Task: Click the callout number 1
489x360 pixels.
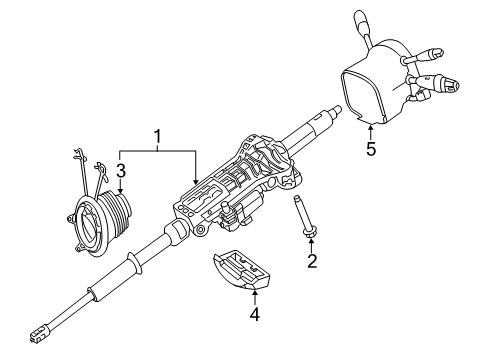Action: point(157,138)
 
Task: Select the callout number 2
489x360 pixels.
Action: point(312,260)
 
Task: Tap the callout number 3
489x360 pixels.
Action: point(121,171)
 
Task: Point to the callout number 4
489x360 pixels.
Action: point(255,314)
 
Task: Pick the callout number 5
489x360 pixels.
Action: point(371,148)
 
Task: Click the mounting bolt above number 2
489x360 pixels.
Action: point(304,217)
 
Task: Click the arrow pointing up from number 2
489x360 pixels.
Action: point(312,246)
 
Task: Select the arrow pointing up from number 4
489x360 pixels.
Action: point(255,298)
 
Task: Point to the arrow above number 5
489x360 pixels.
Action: point(371,131)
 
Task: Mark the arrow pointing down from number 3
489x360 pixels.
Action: point(121,186)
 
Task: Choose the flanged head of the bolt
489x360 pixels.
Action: point(310,234)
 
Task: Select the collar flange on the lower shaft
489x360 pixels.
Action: point(135,262)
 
